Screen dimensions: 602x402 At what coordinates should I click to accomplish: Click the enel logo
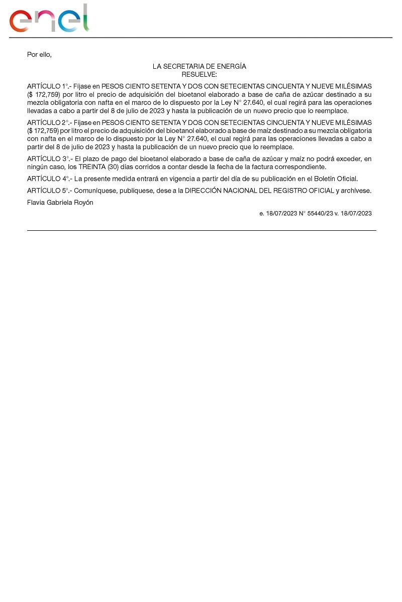(x=49, y=19)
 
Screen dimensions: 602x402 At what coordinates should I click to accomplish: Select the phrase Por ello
(x=39, y=54)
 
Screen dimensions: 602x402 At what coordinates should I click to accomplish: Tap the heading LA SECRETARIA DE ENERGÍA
(x=199, y=66)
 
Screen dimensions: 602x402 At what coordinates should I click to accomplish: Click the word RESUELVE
(x=199, y=74)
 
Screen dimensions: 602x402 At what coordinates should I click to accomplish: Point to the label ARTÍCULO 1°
(x=48, y=86)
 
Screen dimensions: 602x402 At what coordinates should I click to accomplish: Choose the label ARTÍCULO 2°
(x=48, y=123)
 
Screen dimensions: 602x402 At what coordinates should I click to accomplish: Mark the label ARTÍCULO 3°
(x=48, y=159)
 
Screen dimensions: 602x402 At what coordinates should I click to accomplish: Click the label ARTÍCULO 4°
(x=48, y=179)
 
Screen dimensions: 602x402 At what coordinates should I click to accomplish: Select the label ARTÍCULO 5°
(x=48, y=191)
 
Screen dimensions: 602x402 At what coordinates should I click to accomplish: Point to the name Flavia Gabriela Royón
(x=60, y=203)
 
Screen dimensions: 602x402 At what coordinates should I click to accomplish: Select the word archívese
(x=356, y=191)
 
